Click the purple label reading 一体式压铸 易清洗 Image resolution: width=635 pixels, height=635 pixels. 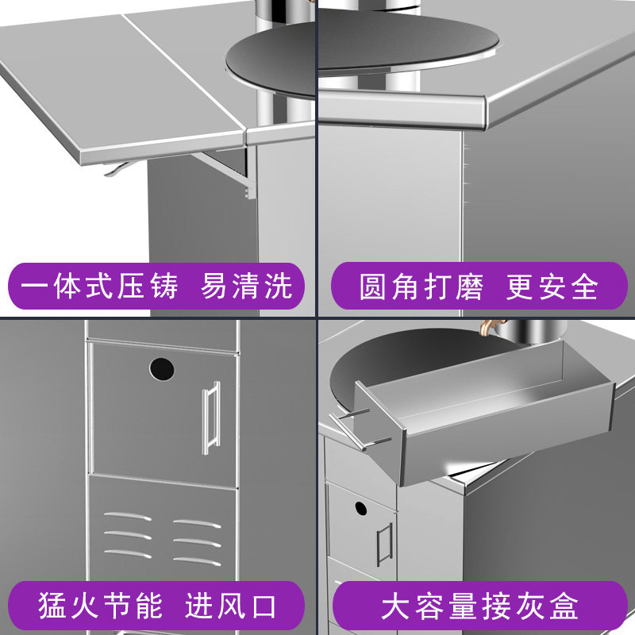point(157,286)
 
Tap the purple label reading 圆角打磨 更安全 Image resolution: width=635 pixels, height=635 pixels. point(477,286)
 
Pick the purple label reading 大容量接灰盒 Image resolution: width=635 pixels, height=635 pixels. point(477,606)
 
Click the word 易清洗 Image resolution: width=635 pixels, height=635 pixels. point(247,286)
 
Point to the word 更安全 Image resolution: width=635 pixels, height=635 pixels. point(552,287)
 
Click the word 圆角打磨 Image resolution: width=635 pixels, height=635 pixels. point(421,287)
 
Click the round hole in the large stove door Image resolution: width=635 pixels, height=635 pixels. point(161,368)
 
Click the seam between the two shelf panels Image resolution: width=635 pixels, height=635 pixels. point(185,71)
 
